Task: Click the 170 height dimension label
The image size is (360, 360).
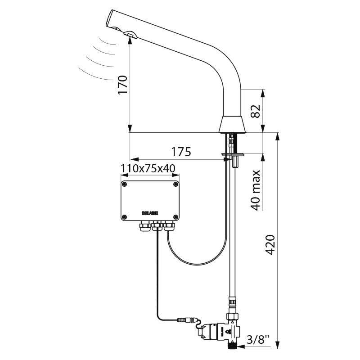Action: click(x=122, y=84)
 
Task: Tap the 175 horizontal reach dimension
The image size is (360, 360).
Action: click(x=181, y=152)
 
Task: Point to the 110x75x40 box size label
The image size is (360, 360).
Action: click(x=148, y=169)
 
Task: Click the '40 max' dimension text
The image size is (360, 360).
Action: click(x=255, y=190)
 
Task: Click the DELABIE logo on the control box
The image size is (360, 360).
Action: click(x=150, y=212)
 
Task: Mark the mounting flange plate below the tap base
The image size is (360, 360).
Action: click(x=233, y=156)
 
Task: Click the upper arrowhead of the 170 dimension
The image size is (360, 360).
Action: click(x=130, y=39)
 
